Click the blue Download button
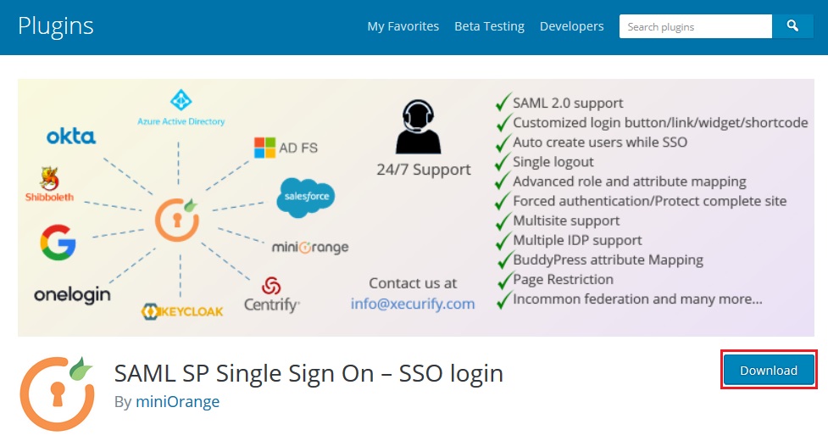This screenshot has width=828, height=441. pyautogui.click(x=769, y=371)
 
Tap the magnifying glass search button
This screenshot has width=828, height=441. pyautogui.click(x=792, y=26)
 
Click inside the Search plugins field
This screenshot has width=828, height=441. pyautogui.click(x=695, y=26)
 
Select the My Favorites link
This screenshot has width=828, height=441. pyautogui.click(x=403, y=26)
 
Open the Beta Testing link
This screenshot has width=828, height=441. pyautogui.click(x=489, y=26)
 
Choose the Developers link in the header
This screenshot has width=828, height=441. pyautogui.click(x=571, y=26)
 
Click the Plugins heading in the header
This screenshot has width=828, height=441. pyautogui.click(x=56, y=26)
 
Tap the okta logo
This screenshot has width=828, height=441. pyautogui.click(x=71, y=136)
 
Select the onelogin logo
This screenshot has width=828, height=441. pyautogui.click(x=72, y=295)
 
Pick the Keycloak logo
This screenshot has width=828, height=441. pyautogui.click(x=182, y=310)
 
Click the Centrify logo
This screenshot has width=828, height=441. pyautogui.click(x=271, y=295)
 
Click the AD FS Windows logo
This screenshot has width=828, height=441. pyautogui.click(x=264, y=148)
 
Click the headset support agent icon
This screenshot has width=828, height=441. pyautogui.click(x=418, y=127)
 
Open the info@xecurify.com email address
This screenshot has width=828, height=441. pyautogui.click(x=413, y=303)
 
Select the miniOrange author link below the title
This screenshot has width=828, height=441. pyautogui.click(x=177, y=401)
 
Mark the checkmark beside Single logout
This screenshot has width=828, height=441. pyautogui.click(x=503, y=161)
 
